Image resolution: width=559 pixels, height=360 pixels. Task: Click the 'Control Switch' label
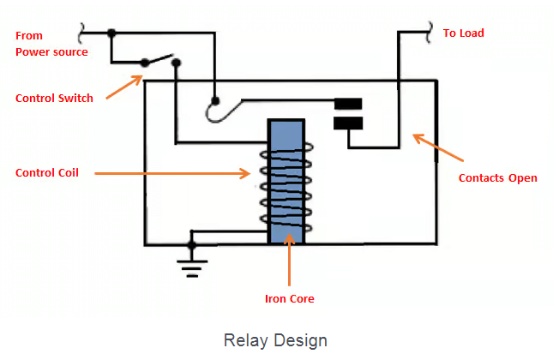click(x=54, y=98)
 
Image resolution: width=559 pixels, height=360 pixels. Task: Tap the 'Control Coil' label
click(x=46, y=172)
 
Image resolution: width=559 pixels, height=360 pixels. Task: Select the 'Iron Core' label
click(x=289, y=299)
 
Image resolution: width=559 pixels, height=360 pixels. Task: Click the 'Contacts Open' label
click(x=497, y=177)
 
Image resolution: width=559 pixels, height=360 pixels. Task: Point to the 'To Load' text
click(x=463, y=33)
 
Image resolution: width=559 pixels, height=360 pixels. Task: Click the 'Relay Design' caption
click(x=275, y=340)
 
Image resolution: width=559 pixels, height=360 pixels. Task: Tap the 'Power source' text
click(x=51, y=51)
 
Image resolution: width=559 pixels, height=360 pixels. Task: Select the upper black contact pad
click(x=347, y=105)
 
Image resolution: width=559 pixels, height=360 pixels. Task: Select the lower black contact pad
click(x=347, y=123)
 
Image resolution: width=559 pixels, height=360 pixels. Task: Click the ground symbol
click(x=192, y=267)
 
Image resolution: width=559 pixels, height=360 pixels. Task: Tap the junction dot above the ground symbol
click(x=192, y=245)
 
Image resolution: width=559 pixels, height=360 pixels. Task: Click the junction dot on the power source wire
click(x=111, y=33)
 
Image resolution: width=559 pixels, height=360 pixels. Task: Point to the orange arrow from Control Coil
click(x=171, y=173)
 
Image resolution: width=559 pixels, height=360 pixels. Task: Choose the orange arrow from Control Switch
click(x=124, y=87)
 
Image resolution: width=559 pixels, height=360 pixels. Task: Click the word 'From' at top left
click(x=29, y=35)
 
